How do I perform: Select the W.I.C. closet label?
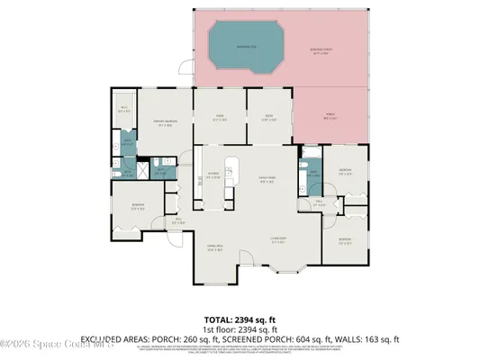pyautogui.click(x=124, y=111)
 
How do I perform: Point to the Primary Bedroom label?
pyautogui.click(x=162, y=125)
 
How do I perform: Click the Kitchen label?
pyautogui.click(x=213, y=175)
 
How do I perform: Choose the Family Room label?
pyautogui.click(x=267, y=178)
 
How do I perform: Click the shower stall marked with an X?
pyautogui.click(x=127, y=169)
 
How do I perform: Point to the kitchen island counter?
pyautogui.click(x=231, y=170)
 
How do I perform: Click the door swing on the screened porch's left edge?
pyautogui.click(x=185, y=67)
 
